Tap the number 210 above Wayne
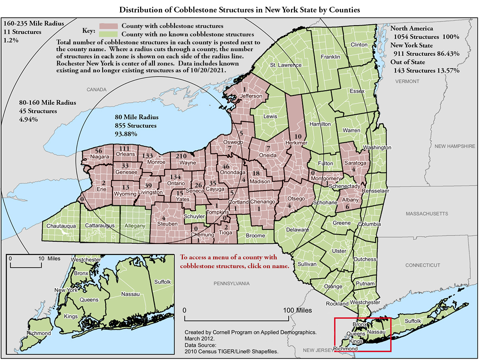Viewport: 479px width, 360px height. pos(181,155)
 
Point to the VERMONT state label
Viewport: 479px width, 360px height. pos(407,81)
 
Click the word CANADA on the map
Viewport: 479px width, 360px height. pos(96,89)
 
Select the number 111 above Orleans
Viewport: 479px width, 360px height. pos(125,149)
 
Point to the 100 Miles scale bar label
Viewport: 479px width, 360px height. pos(297,310)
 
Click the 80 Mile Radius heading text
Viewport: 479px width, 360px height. pos(137,117)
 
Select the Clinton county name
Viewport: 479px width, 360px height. pos(358,44)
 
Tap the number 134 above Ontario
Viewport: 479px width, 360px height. pos(176,177)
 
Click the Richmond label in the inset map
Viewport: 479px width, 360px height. pos(39,333)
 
